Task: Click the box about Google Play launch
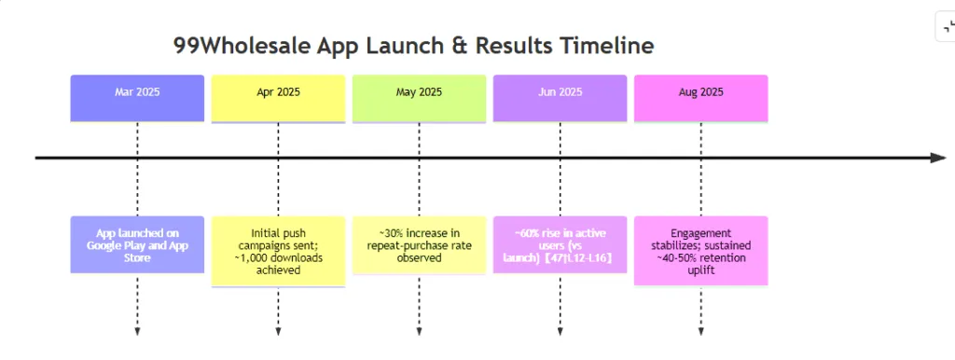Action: click(x=137, y=244)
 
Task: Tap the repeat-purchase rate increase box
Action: click(x=419, y=244)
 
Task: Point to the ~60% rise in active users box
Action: click(x=560, y=244)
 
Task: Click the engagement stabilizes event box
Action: click(x=700, y=251)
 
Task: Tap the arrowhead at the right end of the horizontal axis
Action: click(x=937, y=158)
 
